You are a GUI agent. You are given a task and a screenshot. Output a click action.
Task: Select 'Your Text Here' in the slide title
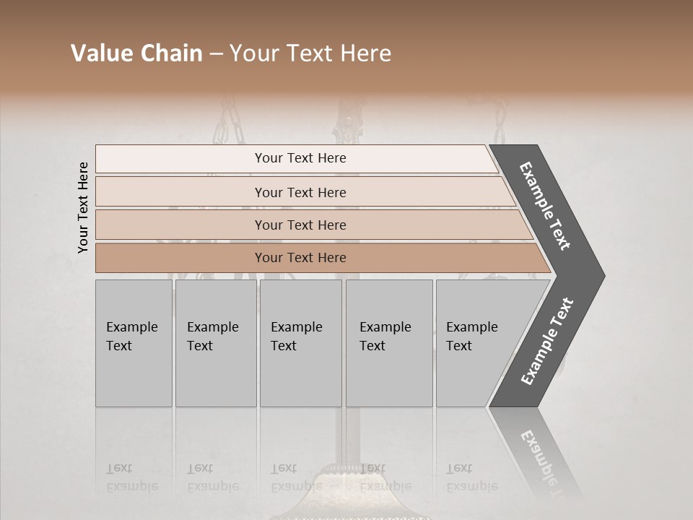tap(310, 53)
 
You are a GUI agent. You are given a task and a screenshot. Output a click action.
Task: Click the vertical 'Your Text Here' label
tap(83, 207)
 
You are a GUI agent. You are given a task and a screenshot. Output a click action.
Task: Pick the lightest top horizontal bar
tap(300, 158)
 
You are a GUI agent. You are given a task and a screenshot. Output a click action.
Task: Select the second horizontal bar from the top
tap(300, 192)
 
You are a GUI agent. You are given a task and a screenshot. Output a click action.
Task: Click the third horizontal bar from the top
tap(300, 225)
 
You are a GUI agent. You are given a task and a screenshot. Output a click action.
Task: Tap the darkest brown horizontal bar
tap(300, 258)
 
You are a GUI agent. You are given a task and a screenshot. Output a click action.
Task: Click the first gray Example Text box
tap(134, 342)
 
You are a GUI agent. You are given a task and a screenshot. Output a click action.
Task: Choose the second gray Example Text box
tap(215, 342)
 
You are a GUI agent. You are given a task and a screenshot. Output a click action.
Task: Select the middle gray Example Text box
tap(300, 342)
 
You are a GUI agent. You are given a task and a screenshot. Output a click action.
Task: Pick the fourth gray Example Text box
tap(388, 342)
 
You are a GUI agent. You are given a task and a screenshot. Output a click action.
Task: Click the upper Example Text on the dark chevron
tap(546, 206)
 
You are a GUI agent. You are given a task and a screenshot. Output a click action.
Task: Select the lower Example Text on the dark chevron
tap(547, 341)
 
